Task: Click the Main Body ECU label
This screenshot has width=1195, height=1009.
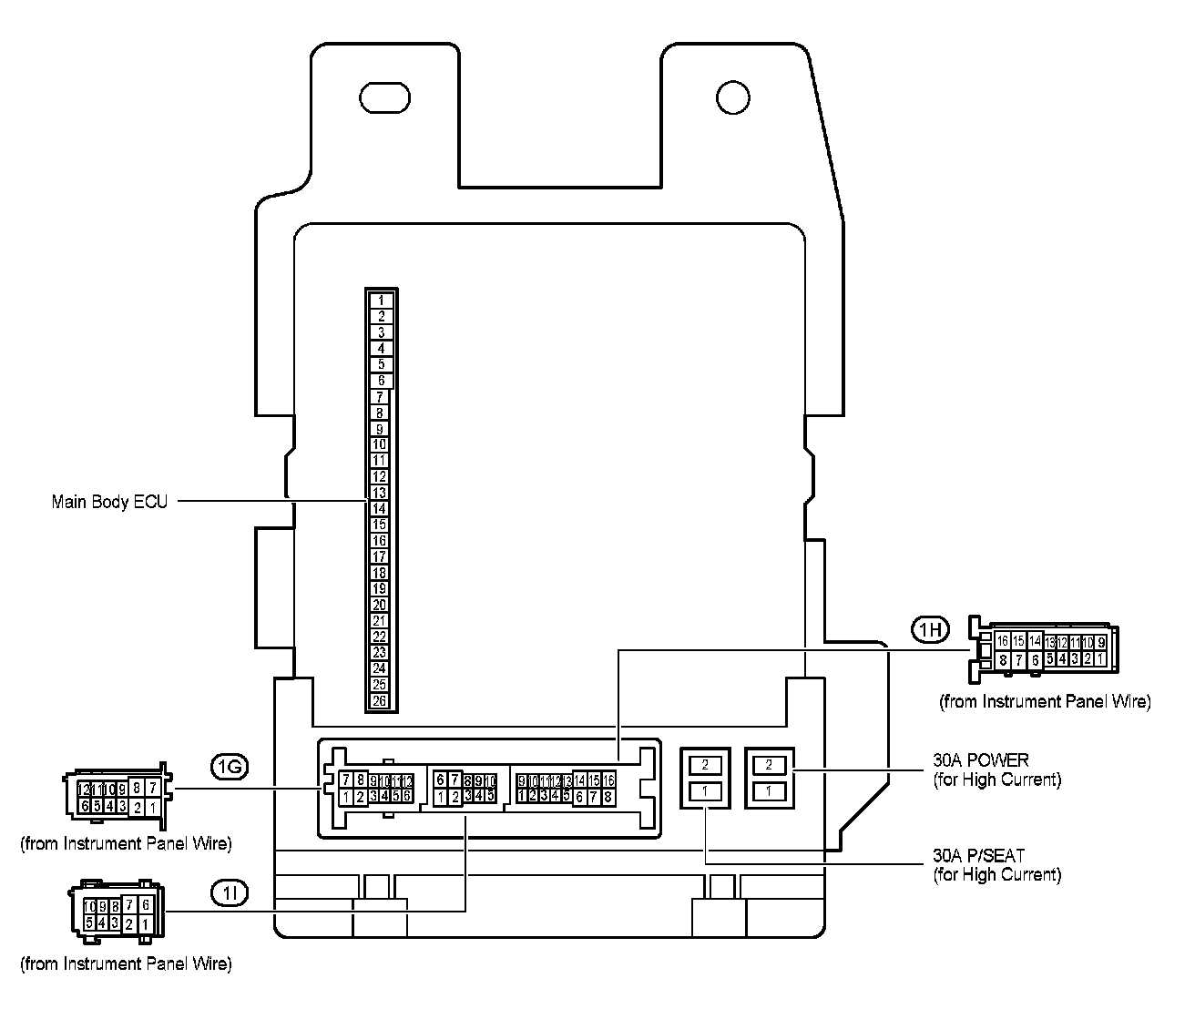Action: [109, 502]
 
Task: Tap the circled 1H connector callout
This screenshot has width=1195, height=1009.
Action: [930, 628]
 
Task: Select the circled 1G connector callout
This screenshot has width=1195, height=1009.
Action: [228, 769]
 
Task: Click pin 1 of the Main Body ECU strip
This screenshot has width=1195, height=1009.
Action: [382, 300]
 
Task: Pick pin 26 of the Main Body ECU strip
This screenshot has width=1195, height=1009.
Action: [380, 700]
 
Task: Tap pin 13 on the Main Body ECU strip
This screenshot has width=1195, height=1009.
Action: [380, 493]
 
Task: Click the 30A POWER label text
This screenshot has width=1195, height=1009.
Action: [980, 760]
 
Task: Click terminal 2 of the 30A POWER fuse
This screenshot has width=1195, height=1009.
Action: [770, 765]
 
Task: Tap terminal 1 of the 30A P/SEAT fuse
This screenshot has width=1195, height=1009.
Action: [705, 791]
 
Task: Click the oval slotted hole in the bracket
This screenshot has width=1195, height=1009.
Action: [385, 97]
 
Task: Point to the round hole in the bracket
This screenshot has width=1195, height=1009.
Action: [732, 96]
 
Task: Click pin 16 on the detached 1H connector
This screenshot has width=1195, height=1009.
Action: [1003, 641]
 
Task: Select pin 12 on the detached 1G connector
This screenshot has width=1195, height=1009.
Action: [84, 789]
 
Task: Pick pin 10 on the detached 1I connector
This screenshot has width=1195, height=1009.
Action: [88, 906]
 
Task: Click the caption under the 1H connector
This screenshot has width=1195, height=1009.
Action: [1045, 702]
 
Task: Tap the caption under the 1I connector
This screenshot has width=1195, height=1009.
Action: [126, 963]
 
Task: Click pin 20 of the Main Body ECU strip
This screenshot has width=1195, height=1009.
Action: [380, 605]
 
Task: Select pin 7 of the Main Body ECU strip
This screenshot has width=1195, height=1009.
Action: [380, 397]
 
